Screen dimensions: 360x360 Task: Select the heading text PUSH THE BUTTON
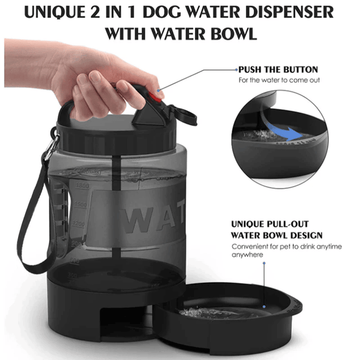point(278,70)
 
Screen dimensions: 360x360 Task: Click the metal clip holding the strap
point(51,148)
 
